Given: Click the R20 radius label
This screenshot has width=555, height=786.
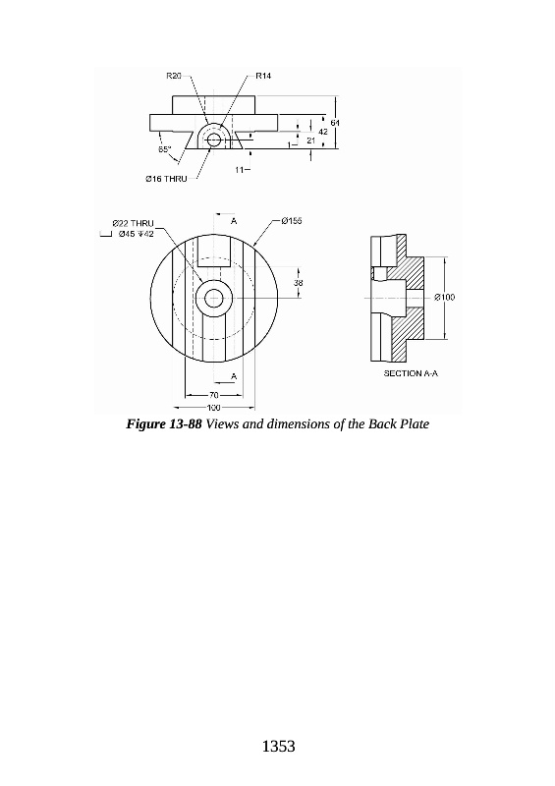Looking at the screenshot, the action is coord(174,76).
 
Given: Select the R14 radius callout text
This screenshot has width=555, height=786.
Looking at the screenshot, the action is coord(263,76).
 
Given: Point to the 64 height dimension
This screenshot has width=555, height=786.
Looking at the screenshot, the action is coord(335,122).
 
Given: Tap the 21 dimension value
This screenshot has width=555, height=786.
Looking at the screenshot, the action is coord(310,140).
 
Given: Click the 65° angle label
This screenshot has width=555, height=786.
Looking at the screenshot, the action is coord(165,149).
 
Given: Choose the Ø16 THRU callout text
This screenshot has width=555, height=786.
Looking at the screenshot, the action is coord(166,179).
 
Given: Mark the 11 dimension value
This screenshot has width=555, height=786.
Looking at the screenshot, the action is coord(240,170).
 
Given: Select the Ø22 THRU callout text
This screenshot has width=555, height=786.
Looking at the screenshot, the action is coord(133,223).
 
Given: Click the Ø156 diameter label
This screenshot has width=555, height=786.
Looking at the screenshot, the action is coord(292,220).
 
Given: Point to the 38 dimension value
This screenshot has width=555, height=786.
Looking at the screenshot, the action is coord(299,283).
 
